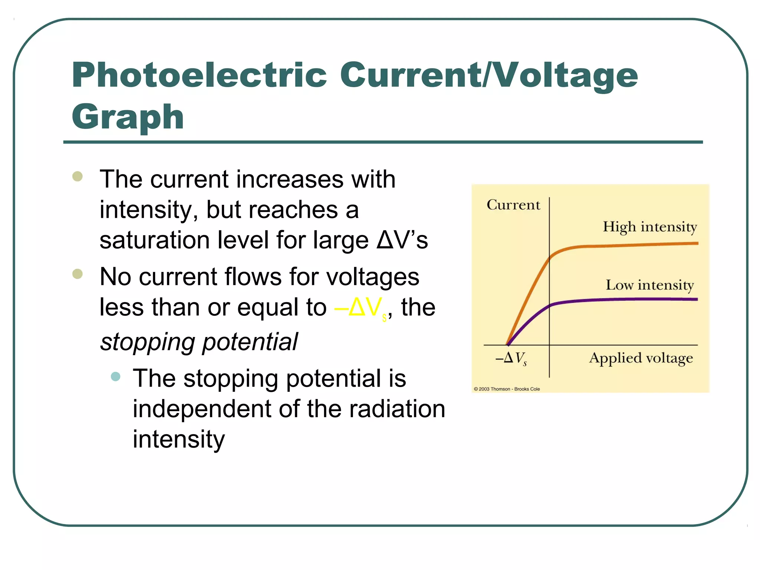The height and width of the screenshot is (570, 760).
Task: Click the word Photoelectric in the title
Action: tap(199, 75)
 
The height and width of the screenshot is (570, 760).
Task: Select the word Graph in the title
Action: tap(128, 117)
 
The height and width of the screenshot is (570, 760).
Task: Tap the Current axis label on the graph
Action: tap(513, 205)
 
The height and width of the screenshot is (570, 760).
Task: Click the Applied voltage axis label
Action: tap(641, 358)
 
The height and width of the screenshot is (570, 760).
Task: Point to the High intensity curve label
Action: tap(650, 227)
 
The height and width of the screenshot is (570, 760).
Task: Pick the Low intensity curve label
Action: tap(650, 285)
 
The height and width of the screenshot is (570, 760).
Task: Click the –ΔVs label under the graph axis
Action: tap(511, 358)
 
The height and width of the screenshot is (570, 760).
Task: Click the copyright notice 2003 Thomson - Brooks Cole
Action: tap(507, 389)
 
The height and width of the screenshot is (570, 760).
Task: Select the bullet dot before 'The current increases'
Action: tap(78, 176)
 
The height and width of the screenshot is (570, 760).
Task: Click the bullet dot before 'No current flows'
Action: tap(78, 274)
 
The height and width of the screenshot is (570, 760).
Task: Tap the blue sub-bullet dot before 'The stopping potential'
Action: tap(116, 377)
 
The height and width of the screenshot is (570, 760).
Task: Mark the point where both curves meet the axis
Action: tap(508, 345)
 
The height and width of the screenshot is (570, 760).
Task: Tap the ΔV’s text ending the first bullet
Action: tap(402, 240)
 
